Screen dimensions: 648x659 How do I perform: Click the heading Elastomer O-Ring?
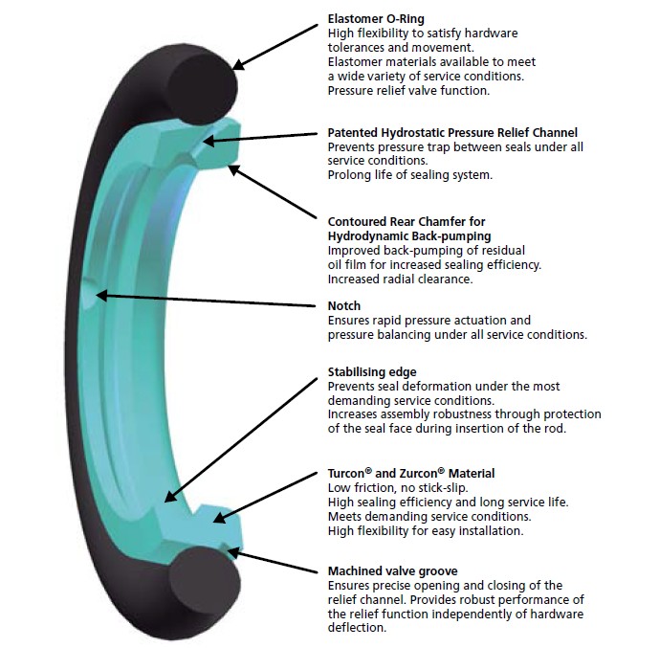click(376, 18)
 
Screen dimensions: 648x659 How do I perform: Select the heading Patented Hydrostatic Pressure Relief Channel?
click(452, 132)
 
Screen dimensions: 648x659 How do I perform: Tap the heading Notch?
click(343, 305)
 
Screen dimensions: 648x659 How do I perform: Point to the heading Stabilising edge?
click(372, 371)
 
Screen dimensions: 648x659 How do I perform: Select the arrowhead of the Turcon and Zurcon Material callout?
click(218, 518)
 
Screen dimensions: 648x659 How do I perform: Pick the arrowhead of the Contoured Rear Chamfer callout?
click(232, 168)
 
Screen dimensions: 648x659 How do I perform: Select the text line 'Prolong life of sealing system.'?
click(409, 175)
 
